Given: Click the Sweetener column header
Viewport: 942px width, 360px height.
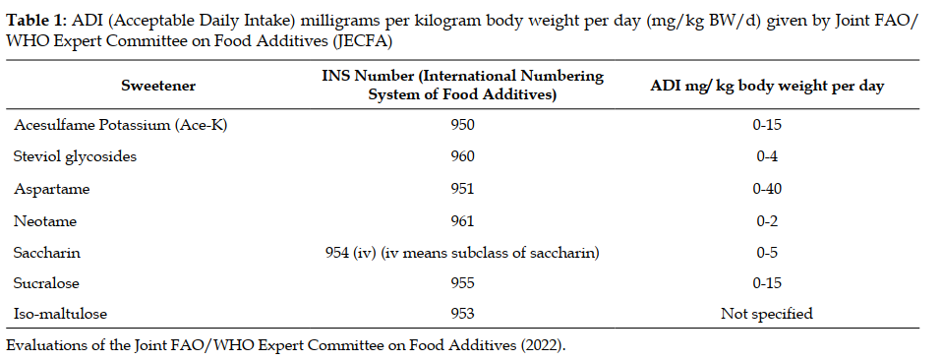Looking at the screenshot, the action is tap(158, 86).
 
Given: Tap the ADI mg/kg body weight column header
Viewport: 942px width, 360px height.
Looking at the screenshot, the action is tap(767, 86).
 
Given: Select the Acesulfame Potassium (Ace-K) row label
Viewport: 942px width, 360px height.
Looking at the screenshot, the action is tap(120, 125).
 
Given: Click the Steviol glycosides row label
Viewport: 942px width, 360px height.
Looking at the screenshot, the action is tap(75, 156).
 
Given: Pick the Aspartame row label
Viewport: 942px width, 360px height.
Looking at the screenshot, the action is tap(52, 189).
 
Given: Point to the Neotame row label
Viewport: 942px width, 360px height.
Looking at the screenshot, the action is tap(45, 220).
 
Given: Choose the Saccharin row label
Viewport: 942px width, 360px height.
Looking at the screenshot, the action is tap(47, 253).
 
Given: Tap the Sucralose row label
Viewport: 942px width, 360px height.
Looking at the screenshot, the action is tap(46, 282).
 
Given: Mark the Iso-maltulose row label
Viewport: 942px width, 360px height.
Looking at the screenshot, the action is tap(60, 313).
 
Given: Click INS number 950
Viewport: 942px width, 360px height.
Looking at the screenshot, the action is tap(462, 125).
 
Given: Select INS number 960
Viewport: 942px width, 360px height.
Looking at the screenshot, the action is tap(462, 156).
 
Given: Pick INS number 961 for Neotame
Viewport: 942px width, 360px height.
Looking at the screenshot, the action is tap(462, 220).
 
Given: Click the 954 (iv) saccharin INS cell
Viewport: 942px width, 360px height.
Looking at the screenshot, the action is tap(462, 253).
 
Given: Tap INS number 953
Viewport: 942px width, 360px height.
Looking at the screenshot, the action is tap(462, 313).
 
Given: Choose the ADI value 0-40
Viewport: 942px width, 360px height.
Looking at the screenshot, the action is tap(767, 189).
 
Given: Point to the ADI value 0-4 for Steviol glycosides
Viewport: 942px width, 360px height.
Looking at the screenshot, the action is tap(767, 156).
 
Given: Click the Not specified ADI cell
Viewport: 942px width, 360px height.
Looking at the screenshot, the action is tap(767, 313).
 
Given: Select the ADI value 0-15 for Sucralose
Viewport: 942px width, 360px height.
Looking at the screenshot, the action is tap(767, 282).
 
